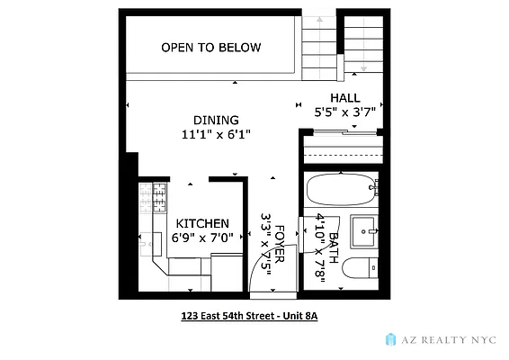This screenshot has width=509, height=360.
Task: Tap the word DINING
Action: tap(216, 120)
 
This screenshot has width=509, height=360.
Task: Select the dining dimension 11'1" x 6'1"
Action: tap(216, 134)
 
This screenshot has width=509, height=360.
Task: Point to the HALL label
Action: tap(344, 98)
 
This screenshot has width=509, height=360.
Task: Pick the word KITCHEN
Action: tap(201, 223)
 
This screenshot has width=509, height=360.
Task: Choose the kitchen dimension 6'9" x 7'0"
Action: tap(203, 238)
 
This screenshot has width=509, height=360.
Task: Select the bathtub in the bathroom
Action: tap(340, 192)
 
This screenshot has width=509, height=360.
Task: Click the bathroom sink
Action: tap(366, 230)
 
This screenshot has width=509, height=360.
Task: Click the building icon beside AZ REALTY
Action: tap(391, 338)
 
